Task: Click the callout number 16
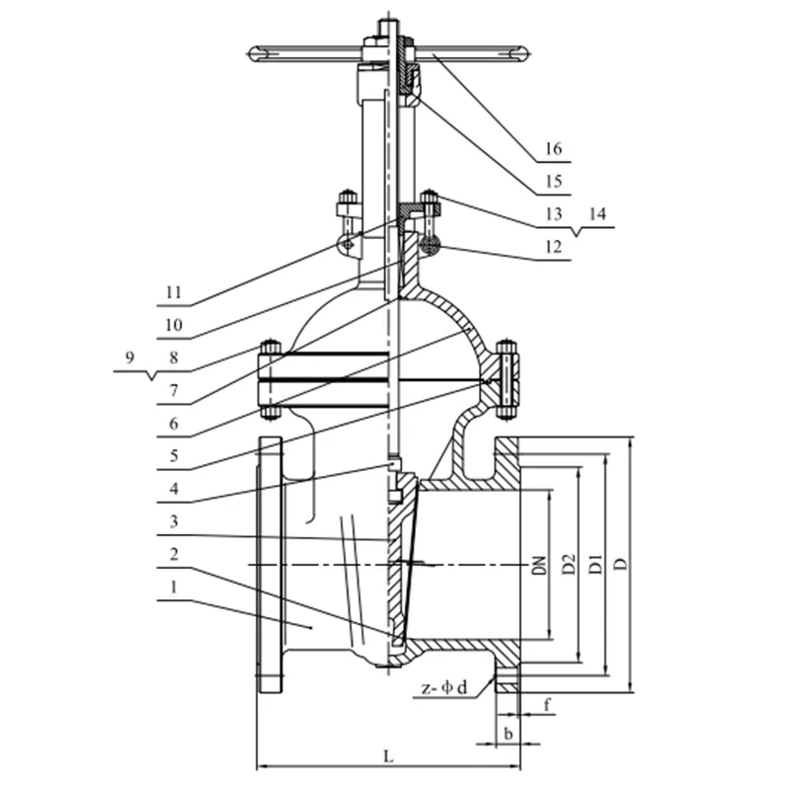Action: pos(551,149)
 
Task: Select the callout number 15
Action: pos(551,181)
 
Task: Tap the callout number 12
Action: pos(551,248)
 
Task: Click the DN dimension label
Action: pos(539,565)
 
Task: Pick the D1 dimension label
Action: pos(595,565)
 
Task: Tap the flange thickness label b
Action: pos(508,733)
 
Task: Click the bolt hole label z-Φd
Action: pos(450,686)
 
